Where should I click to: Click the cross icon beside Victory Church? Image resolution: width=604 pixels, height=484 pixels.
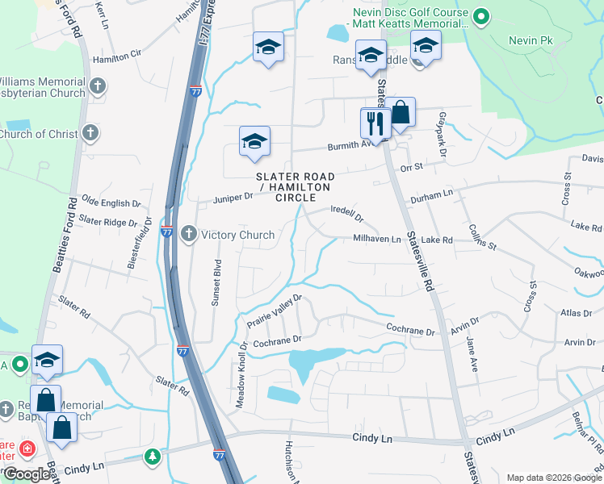click(x=189, y=235)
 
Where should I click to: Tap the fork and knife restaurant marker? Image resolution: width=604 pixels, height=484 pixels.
click(x=375, y=123)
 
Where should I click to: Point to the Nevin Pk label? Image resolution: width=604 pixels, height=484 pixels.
click(x=530, y=40)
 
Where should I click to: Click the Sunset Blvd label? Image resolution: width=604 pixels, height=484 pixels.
click(x=216, y=282)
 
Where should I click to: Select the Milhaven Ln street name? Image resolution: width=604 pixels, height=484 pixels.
click(x=376, y=239)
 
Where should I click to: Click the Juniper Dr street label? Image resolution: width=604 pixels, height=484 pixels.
click(x=233, y=198)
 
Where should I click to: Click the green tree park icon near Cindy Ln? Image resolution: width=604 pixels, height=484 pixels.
click(x=152, y=458)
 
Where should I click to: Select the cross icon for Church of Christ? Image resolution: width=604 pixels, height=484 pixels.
click(x=90, y=133)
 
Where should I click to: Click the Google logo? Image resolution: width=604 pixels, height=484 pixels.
click(x=27, y=474)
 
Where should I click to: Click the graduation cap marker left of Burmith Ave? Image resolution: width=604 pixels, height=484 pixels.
click(x=254, y=142)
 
